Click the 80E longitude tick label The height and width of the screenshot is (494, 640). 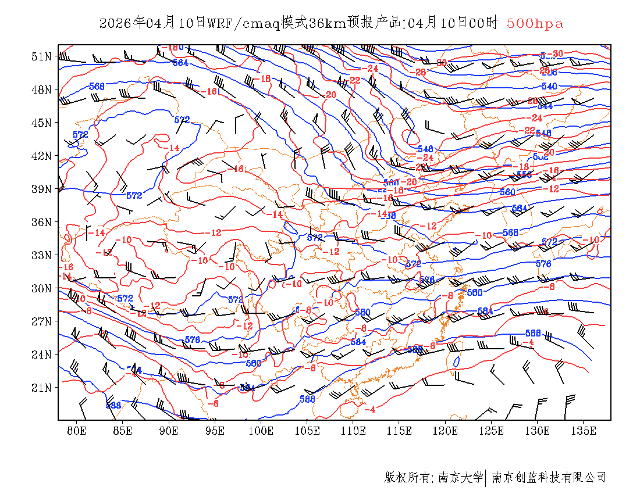77,431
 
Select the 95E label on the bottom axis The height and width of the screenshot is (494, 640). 215,431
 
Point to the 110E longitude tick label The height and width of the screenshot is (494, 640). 353,431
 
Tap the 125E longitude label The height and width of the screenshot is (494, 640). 492,431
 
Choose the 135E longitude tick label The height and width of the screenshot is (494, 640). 584,431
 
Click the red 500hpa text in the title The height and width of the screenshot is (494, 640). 535,23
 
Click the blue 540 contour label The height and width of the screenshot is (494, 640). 549,87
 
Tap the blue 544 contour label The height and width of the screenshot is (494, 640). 545,106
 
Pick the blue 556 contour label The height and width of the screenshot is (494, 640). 524,174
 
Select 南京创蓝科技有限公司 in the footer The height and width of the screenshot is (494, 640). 549,478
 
